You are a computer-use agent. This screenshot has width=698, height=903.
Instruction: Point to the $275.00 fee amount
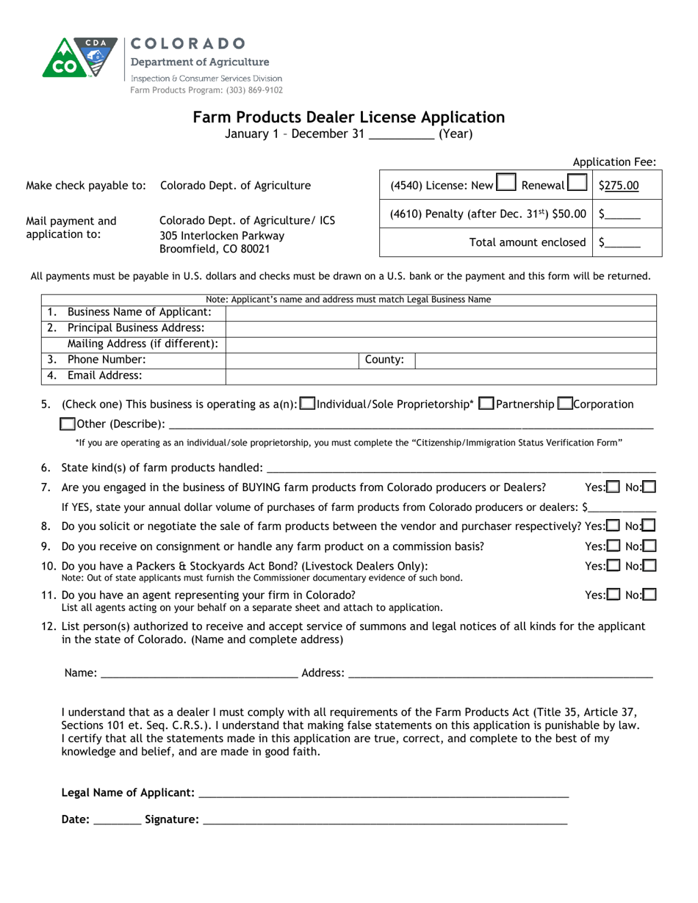[x=619, y=186]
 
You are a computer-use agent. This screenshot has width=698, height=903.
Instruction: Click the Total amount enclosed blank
[x=622, y=243]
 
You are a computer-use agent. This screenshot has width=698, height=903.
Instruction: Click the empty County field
[x=535, y=360]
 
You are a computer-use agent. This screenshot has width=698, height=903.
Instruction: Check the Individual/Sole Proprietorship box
[x=308, y=404]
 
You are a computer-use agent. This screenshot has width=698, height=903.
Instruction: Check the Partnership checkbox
[x=486, y=404]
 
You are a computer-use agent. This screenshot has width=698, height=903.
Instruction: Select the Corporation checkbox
[x=565, y=404]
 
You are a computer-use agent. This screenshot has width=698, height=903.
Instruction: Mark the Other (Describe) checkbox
[x=68, y=424]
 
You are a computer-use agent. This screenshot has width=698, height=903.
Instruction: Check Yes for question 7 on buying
[x=613, y=487]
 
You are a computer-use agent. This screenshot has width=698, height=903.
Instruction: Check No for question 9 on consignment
[x=649, y=545]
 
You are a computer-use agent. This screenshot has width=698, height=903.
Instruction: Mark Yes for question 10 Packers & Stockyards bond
[x=613, y=565]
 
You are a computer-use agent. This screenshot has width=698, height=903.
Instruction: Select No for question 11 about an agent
[x=649, y=595]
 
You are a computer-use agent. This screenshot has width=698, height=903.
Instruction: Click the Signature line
[x=384, y=819]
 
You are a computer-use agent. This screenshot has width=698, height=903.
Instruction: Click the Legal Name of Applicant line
[x=383, y=793]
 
